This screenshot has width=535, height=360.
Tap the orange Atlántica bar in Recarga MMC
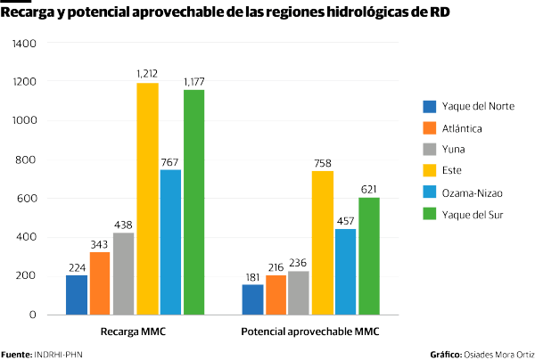pos(100,282)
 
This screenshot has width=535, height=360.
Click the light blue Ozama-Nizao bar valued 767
pos(170,241)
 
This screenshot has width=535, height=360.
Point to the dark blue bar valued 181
pos(252,299)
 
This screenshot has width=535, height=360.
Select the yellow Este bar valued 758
pos(323,242)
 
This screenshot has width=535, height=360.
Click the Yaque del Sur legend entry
pos(469,214)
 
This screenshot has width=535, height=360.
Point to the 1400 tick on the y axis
pos(25,44)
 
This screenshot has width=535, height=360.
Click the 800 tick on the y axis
pos(28,160)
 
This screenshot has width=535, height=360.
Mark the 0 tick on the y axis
pos(33,315)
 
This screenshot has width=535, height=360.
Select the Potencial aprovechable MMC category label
pos(310,331)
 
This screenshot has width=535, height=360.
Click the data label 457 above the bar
pos(345,220)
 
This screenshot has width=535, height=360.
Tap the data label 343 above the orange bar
pos(100,243)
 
